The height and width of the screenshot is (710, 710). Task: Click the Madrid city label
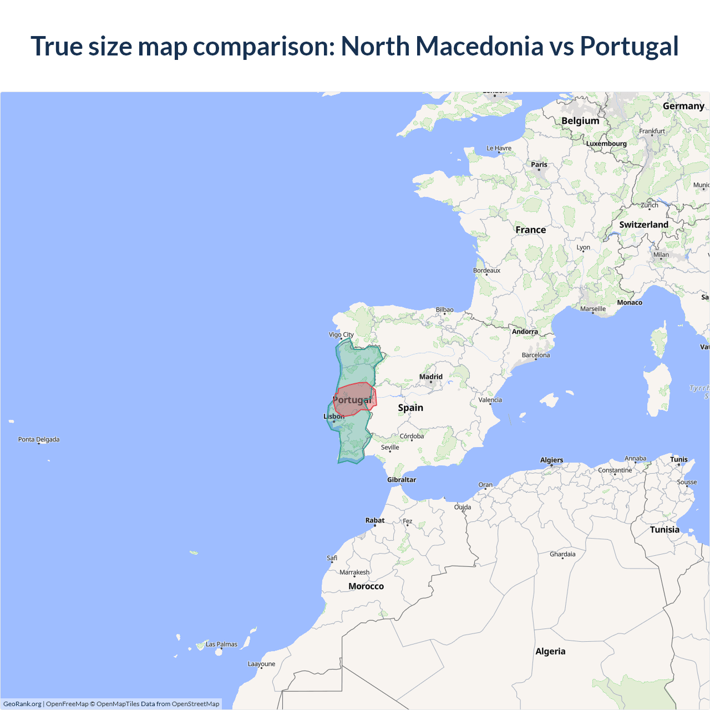tap(431, 377)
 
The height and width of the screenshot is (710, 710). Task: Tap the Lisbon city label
tap(334, 417)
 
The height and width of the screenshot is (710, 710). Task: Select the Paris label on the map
tap(539, 165)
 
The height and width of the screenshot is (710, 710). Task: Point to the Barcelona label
tap(536, 355)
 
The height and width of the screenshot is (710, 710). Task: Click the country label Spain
tap(410, 408)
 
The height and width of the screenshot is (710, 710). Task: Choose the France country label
tap(530, 230)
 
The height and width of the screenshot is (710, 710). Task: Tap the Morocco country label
tap(366, 586)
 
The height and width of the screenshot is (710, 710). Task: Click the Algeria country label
tap(550, 651)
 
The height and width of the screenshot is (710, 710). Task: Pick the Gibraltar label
tap(402, 480)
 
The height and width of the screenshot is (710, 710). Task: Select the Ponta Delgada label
tap(39, 439)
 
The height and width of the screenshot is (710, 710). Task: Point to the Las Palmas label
tap(221, 645)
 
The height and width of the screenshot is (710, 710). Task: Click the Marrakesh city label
tap(354, 572)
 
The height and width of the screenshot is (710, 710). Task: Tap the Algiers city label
tap(551, 460)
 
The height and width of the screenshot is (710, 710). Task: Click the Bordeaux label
tap(486, 271)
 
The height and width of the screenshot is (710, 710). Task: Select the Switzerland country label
tap(643, 225)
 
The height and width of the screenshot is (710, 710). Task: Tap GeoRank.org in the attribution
tap(22, 704)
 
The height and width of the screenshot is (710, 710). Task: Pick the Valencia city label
tap(490, 400)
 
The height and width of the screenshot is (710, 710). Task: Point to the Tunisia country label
tap(665, 530)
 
